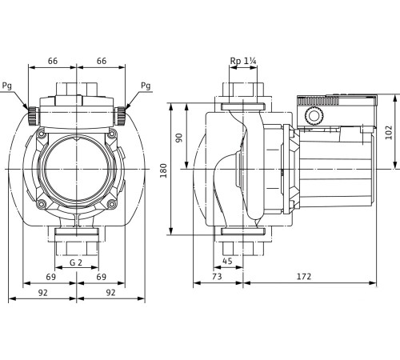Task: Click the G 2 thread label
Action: tap(77, 262)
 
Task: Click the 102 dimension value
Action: tap(390, 132)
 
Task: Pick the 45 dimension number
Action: tap(228, 259)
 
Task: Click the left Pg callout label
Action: tap(8, 86)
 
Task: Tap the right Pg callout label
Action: tap(145, 86)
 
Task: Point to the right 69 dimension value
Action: tap(101, 276)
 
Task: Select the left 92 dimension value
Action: tap(42, 294)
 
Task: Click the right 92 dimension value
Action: tap(110, 294)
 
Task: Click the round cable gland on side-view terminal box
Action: tap(313, 117)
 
